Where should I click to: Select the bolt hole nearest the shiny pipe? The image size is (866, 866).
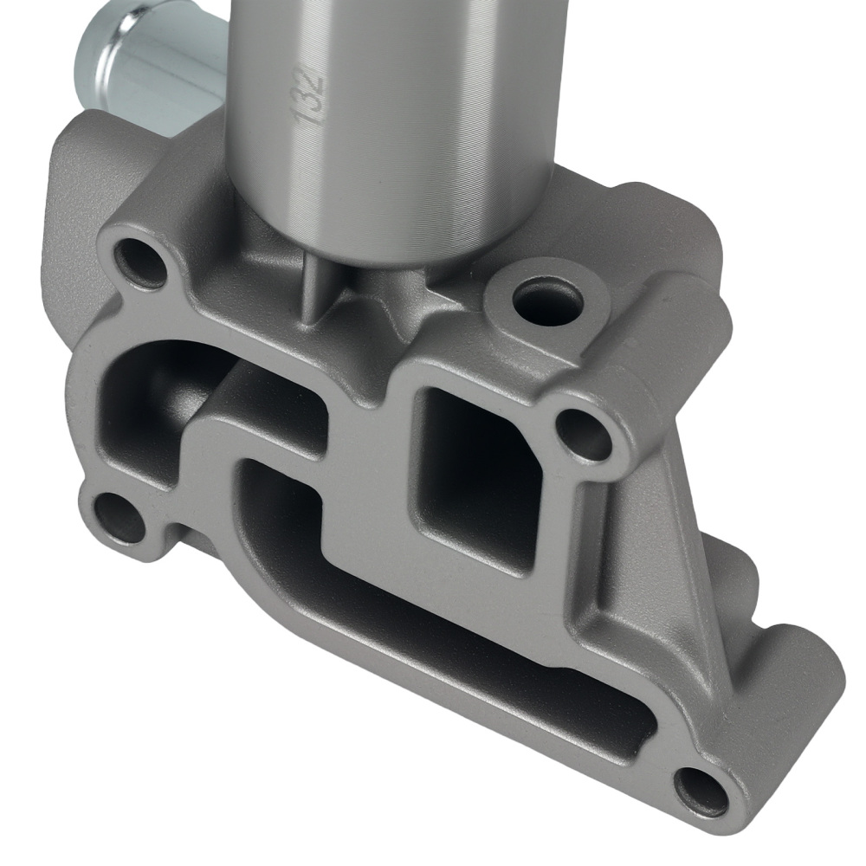coord(140,259)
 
